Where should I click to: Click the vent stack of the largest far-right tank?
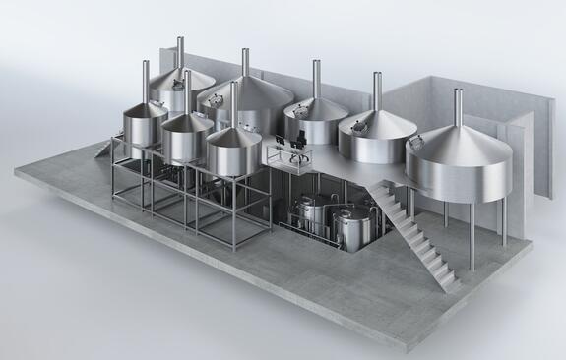[x=458, y=106]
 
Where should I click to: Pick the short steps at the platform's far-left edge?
[x=103, y=149]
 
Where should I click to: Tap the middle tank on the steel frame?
[x=187, y=138]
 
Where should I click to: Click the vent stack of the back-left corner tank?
[x=180, y=53]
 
